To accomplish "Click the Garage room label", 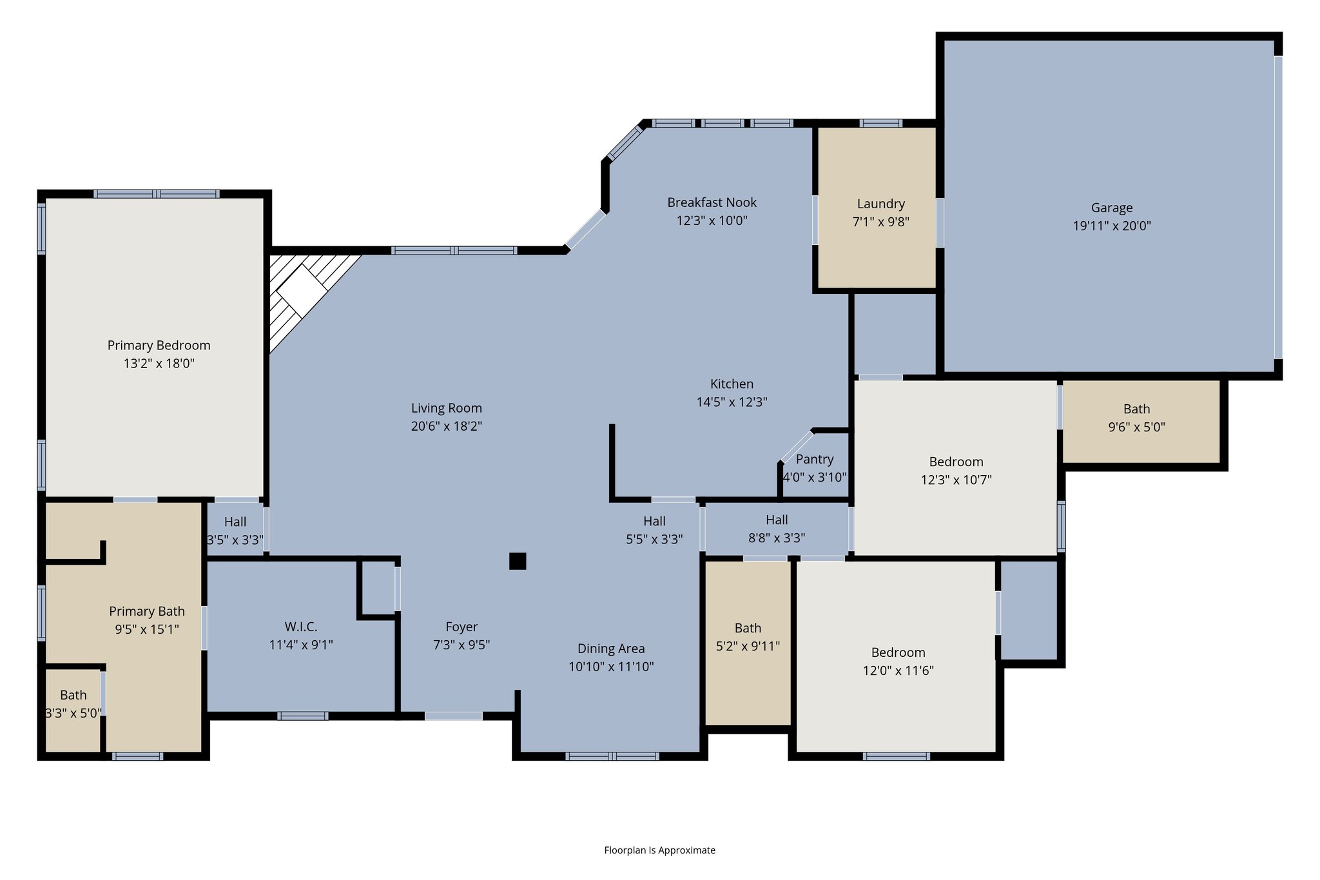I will tap(1111, 208).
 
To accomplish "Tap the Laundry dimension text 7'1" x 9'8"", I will tap(880, 222).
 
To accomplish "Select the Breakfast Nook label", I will tap(712, 202).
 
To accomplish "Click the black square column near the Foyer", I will tap(518, 561).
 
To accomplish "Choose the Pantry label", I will tap(814, 459).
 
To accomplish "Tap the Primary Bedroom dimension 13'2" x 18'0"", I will tap(159, 363).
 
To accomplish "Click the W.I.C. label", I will tap(300, 627).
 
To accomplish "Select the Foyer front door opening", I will tap(453, 716).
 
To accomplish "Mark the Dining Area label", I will tap(610, 649).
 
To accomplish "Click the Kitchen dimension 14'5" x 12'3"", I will tap(732, 402).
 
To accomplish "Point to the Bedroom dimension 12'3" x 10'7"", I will tap(956, 480).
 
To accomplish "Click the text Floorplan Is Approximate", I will tap(659, 850).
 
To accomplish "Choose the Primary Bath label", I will tap(147, 611).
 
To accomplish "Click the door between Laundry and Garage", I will tap(940, 223).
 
